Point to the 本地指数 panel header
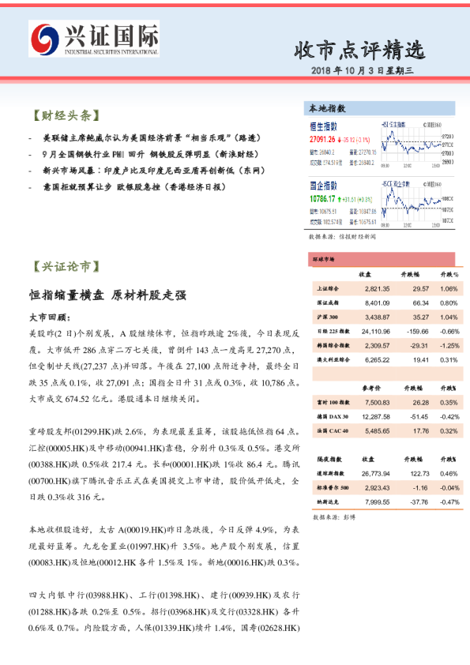(x=326, y=108)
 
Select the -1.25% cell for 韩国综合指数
(x=448, y=345)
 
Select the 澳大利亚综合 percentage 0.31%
(x=448, y=359)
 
